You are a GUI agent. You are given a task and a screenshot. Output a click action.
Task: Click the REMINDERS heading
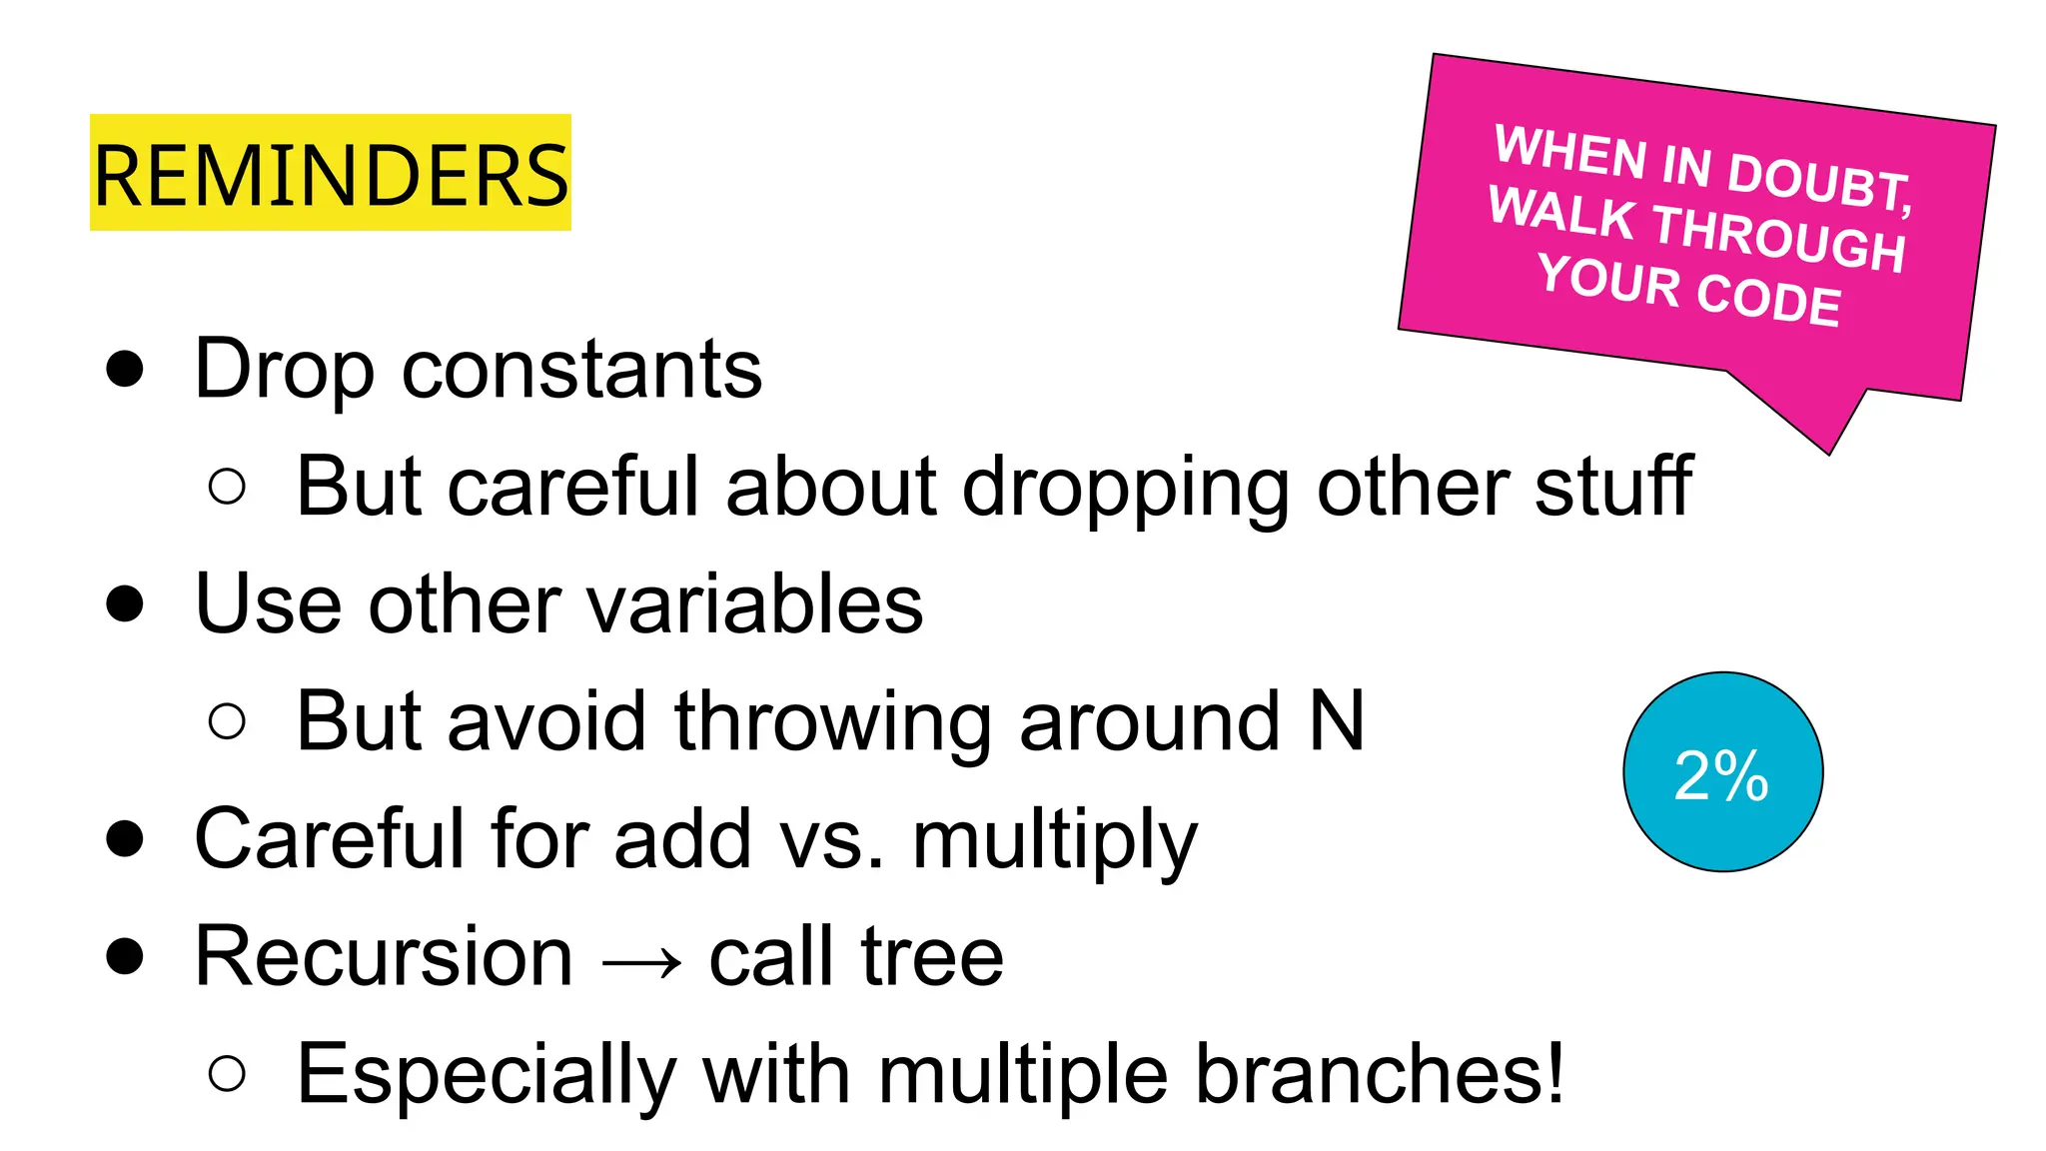(331, 175)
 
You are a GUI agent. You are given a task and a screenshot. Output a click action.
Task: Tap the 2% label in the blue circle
(1721, 775)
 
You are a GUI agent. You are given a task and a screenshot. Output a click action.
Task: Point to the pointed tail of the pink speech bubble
(1827, 445)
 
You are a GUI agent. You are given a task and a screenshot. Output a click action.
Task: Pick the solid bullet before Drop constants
(125, 369)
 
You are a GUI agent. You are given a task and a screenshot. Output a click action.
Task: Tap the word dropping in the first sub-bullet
(1126, 487)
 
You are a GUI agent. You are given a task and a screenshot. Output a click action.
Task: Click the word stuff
(1613, 487)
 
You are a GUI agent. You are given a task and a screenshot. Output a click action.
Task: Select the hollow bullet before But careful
(228, 487)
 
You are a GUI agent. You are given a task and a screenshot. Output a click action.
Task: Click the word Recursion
(384, 957)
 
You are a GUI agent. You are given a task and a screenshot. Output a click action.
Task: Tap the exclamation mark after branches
(1551, 1074)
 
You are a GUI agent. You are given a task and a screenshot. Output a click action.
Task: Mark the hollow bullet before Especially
(228, 1074)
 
